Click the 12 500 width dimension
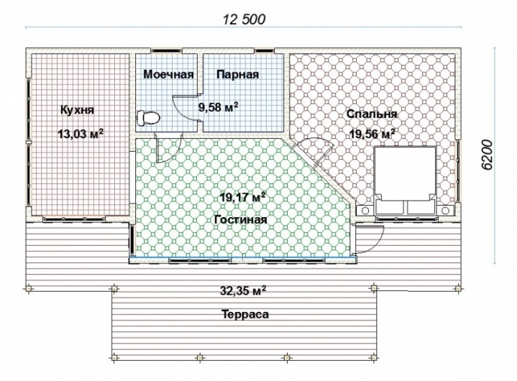[x=244, y=19]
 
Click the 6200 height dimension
[x=487, y=155]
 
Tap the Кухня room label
[x=77, y=110]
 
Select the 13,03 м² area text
[x=81, y=134]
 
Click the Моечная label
[x=168, y=75]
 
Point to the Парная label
[x=238, y=75]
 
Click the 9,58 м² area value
[x=219, y=107]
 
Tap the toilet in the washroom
[x=148, y=118]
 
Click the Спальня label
[x=372, y=114]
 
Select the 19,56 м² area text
[x=372, y=134]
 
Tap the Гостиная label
[x=240, y=219]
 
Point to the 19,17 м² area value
[x=243, y=198]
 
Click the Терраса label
[x=244, y=314]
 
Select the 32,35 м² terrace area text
[x=243, y=291]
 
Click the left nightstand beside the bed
[x=365, y=210]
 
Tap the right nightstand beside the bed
[x=446, y=210]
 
